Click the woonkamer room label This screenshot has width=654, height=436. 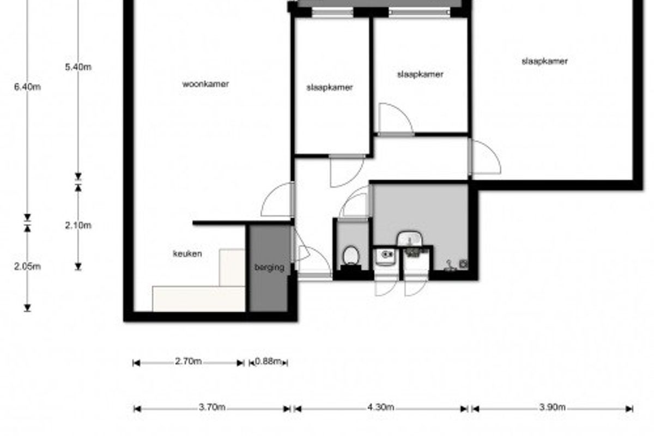[205, 84]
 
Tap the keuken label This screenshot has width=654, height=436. [187, 253]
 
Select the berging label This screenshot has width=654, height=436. [269, 268]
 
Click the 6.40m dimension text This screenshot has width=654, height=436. [27, 87]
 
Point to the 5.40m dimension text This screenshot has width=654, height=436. [78, 67]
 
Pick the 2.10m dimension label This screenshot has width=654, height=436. [78, 226]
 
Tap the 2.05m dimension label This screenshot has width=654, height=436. [27, 267]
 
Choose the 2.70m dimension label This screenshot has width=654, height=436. [189, 361]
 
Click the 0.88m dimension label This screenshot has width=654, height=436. [268, 361]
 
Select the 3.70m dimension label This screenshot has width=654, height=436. [212, 407]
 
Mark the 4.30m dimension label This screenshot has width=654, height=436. [381, 407]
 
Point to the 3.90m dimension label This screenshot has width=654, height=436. [553, 407]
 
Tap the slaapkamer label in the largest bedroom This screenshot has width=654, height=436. [545, 62]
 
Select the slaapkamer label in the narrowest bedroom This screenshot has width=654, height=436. [330, 87]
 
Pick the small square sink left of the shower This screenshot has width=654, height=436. [385, 256]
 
